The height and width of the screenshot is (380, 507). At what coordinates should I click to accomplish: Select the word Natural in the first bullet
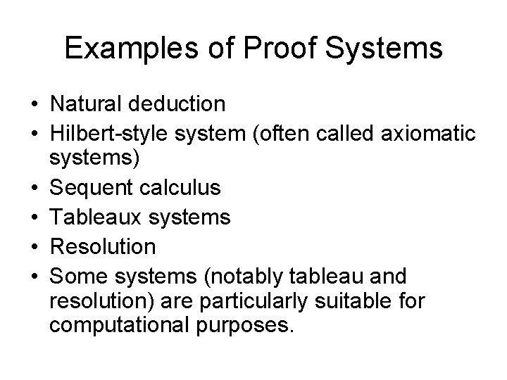(x=88, y=104)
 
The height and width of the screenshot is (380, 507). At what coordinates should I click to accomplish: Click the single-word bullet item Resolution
(x=103, y=246)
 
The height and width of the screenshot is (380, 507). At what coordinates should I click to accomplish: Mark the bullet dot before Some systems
(x=33, y=276)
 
